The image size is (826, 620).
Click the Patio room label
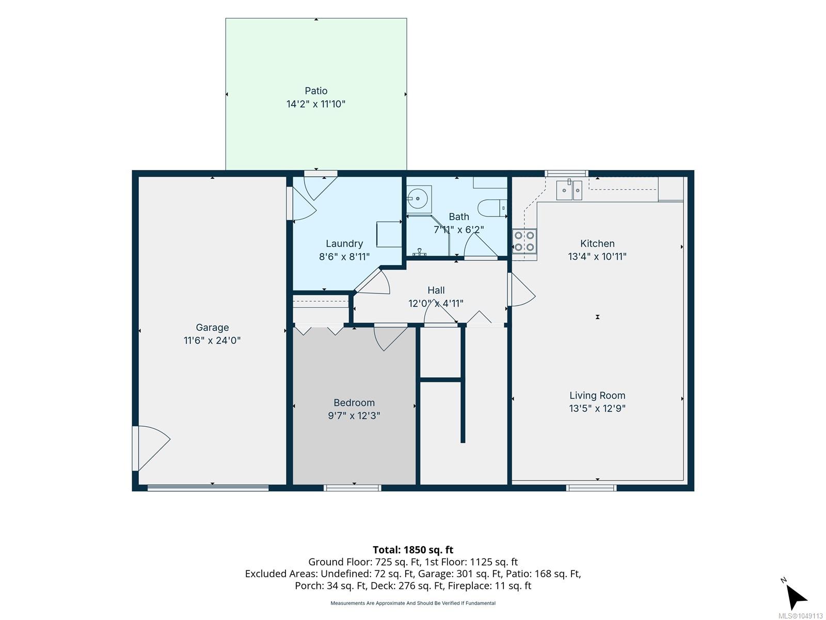pyautogui.click(x=316, y=91)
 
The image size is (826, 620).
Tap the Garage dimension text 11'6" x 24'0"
pyautogui.click(x=212, y=340)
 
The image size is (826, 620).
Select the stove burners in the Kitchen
pyautogui.click(x=524, y=241)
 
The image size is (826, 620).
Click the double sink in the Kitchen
pyautogui.click(x=569, y=190)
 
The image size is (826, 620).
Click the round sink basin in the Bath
pyautogui.click(x=417, y=198)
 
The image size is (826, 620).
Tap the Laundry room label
pyautogui.click(x=344, y=243)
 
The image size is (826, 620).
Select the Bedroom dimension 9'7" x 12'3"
pyautogui.click(x=354, y=415)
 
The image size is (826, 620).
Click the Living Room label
pyautogui.click(x=597, y=395)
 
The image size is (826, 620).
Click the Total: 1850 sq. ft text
pyautogui.click(x=413, y=550)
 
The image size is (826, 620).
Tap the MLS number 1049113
pyautogui.click(x=800, y=616)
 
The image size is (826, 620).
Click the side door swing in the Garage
pyautogui.click(x=151, y=448)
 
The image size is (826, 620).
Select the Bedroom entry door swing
pyautogui.click(x=391, y=338)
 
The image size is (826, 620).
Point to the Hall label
pyautogui.click(x=436, y=290)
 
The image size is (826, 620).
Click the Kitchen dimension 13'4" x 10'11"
pyautogui.click(x=597, y=256)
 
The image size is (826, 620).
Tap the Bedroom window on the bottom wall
pyautogui.click(x=352, y=488)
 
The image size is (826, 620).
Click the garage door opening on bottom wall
pyautogui.click(x=208, y=488)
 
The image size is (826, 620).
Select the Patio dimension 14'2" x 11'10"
pyautogui.click(x=316, y=104)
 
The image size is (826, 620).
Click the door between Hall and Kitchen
pyautogui.click(x=521, y=289)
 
